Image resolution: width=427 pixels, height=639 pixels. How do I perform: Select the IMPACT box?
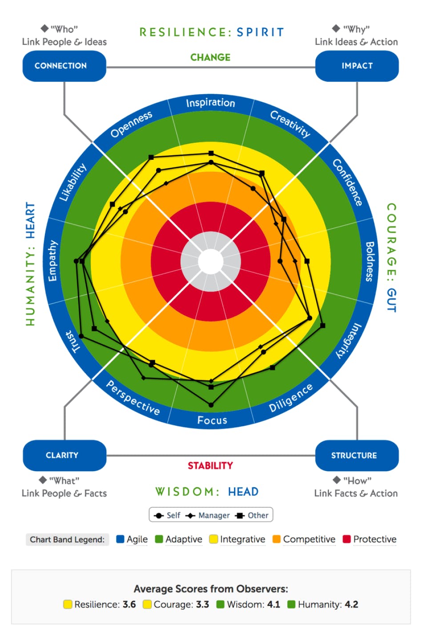[x=357, y=66]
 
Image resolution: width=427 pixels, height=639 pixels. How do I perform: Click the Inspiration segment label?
[x=210, y=103]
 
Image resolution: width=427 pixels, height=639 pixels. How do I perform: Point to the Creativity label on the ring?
[x=290, y=123]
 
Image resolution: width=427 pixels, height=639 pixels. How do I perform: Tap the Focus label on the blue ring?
[x=212, y=420]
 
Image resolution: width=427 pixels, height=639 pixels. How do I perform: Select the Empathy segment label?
[x=52, y=261]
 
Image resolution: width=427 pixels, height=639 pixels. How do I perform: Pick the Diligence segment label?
[x=291, y=397]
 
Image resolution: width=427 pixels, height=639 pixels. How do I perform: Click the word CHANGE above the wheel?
[x=210, y=57]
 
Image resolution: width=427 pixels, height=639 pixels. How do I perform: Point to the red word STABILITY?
[x=210, y=465]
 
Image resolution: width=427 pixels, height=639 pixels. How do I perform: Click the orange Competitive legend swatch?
[x=277, y=539]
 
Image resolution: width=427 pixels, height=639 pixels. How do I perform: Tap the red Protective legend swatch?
[x=347, y=539]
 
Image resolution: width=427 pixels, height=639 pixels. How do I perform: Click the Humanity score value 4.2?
[x=351, y=604]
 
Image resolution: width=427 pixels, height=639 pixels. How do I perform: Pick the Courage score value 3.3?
[x=202, y=604]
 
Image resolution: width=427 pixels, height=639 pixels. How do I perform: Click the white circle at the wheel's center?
[x=210, y=262]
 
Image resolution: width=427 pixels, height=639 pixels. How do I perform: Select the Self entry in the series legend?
[x=168, y=515]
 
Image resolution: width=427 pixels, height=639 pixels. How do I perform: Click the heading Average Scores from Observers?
[x=211, y=589]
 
